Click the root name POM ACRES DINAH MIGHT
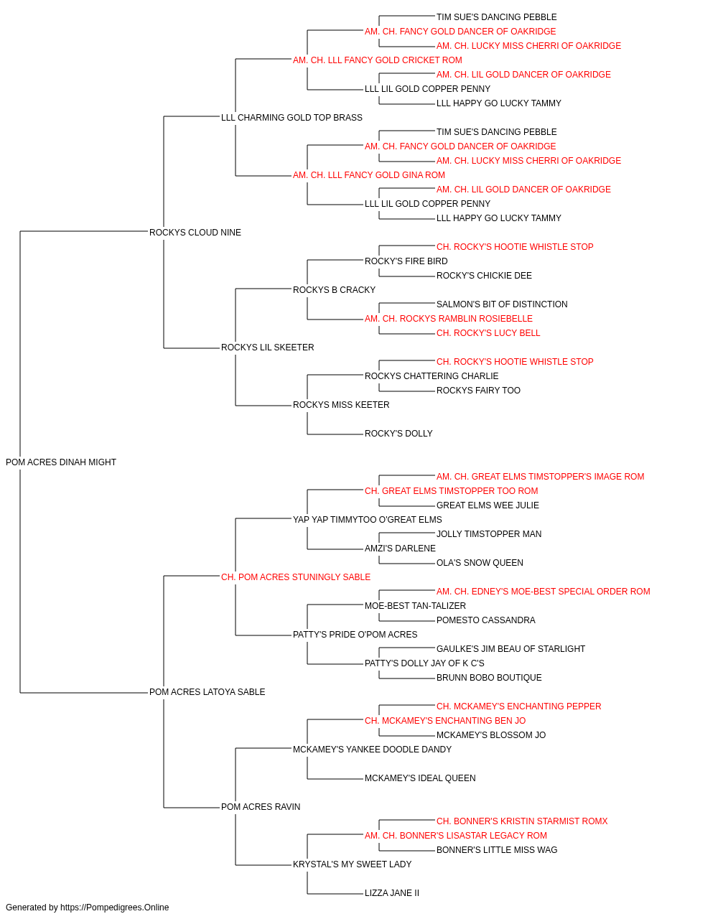pyautogui.click(x=61, y=462)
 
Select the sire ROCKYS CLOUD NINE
pyautogui.click(x=195, y=232)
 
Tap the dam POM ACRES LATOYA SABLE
pyautogui.click(x=208, y=692)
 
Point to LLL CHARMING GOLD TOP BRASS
pyautogui.click(x=292, y=117)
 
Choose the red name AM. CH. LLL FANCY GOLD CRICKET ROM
pyautogui.click(x=377, y=60)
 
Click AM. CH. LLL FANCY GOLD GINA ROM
pyautogui.click(x=369, y=174)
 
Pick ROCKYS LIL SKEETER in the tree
pyautogui.click(x=267, y=347)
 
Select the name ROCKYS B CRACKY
pyautogui.click(x=334, y=289)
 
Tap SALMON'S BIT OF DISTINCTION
pyautogui.click(x=502, y=304)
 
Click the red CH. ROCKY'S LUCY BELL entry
pyautogui.click(x=488, y=333)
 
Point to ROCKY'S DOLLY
pyautogui.click(x=398, y=434)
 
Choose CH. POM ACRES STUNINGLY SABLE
pyautogui.click(x=296, y=577)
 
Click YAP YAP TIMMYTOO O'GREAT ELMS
pyautogui.click(x=368, y=519)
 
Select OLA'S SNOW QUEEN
pyautogui.click(x=480, y=562)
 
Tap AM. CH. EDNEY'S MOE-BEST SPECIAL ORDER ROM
pyautogui.click(x=543, y=591)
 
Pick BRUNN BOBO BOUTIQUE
pyautogui.click(x=489, y=678)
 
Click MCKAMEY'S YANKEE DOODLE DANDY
pyautogui.click(x=372, y=750)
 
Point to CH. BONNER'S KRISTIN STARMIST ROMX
pyautogui.click(x=522, y=821)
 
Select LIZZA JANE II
pyautogui.click(x=392, y=892)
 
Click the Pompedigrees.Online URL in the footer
pyautogui.click(x=114, y=908)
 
